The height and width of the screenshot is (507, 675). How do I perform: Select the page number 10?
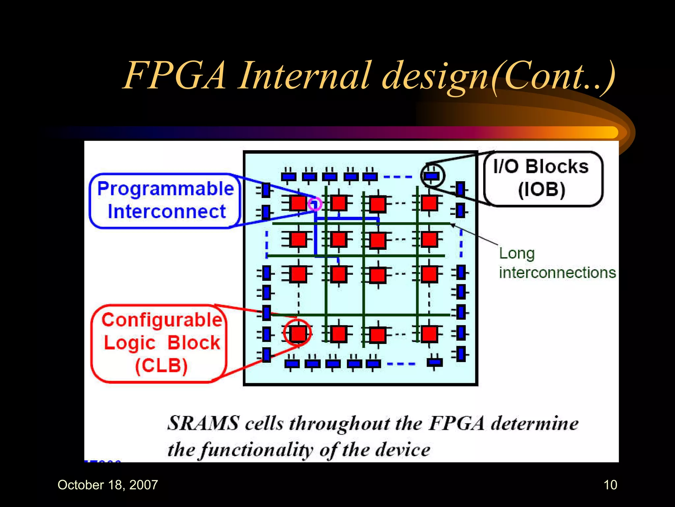pos(610,485)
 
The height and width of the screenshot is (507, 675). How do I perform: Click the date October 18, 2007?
pos(108,485)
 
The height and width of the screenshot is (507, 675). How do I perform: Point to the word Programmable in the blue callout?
pos(165,189)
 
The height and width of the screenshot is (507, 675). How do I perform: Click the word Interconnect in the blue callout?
pos(167,212)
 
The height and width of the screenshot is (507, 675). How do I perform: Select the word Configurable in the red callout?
pos(162,320)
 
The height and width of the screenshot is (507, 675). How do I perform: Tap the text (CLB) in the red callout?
pos(161,366)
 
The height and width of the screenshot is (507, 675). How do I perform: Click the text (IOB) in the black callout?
pos(542,190)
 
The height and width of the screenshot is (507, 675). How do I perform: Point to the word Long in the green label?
pos(516,254)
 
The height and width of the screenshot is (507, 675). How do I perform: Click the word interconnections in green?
pos(557,273)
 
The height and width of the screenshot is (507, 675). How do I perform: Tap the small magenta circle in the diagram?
pos(315,204)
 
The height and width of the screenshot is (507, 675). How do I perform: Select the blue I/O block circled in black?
pos(432,176)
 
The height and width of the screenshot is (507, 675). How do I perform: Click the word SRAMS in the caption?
pos(203,423)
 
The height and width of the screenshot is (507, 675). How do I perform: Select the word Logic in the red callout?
pos(130,343)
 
